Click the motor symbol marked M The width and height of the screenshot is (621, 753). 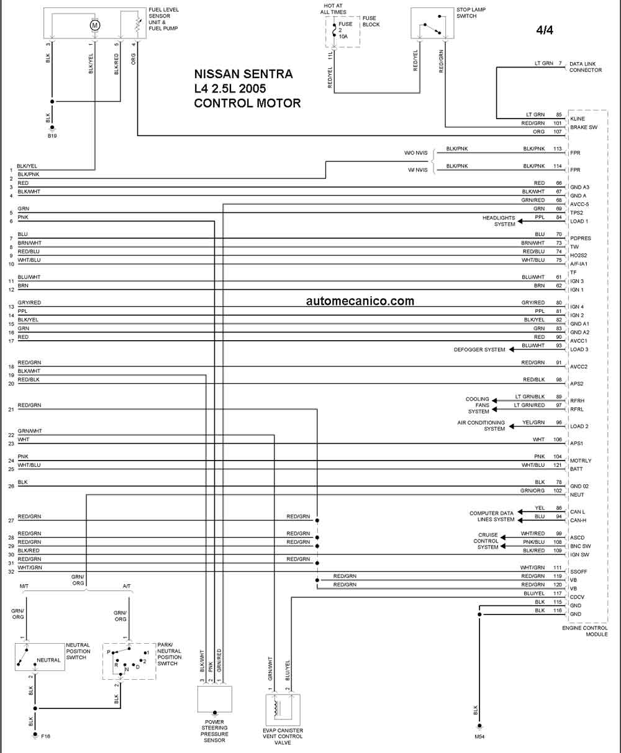pyautogui.click(x=95, y=25)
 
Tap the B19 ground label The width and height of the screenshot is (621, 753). pyautogui.click(x=52, y=136)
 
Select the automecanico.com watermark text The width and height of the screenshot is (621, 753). pyautogui.click(x=360, y=301)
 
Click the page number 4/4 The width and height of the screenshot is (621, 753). pyautogui.click(x=545, y=30)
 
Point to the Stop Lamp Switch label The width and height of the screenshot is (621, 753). pyautogui.click(x=471, y=13)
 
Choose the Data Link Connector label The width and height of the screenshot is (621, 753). pyautogui.click(x=586, y=67)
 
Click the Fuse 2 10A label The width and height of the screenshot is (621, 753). pyautogui.click(x=345, y=30)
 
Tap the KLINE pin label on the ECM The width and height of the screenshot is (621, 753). pyautogui.click(x=578, y=119)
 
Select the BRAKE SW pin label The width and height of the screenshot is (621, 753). pyautogui.click(x=584, y=127)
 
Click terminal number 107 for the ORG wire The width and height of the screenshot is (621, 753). pyautogui.click(x=558, y=132)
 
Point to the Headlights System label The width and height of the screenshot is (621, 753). pyautogui.click(x=499, y=221)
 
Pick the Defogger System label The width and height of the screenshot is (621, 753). pyautogui.click(x=479, y=349)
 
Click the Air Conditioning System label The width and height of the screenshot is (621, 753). pyautogui.click(x=481, y=426)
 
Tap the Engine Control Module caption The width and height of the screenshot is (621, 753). pyautogui.click(x=584, y=631)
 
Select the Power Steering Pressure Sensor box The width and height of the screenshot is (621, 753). pyautogui.click(x=215, y=699)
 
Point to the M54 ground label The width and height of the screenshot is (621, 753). pyautogui.click(x=479, y=737)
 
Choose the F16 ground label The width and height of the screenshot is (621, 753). pyautogui.click(x=45, y=736)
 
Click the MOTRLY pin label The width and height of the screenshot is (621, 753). pyautogui.click(x=581, y=461)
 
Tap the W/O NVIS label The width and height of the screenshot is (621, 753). pyautogui.click(x=415, y=153)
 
